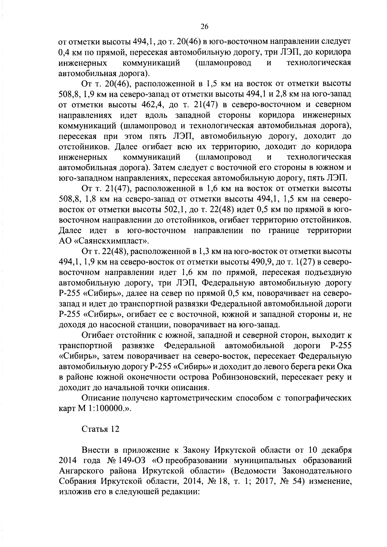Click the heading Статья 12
[x=100, y=429]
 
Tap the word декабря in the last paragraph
[x=337, y=450]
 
